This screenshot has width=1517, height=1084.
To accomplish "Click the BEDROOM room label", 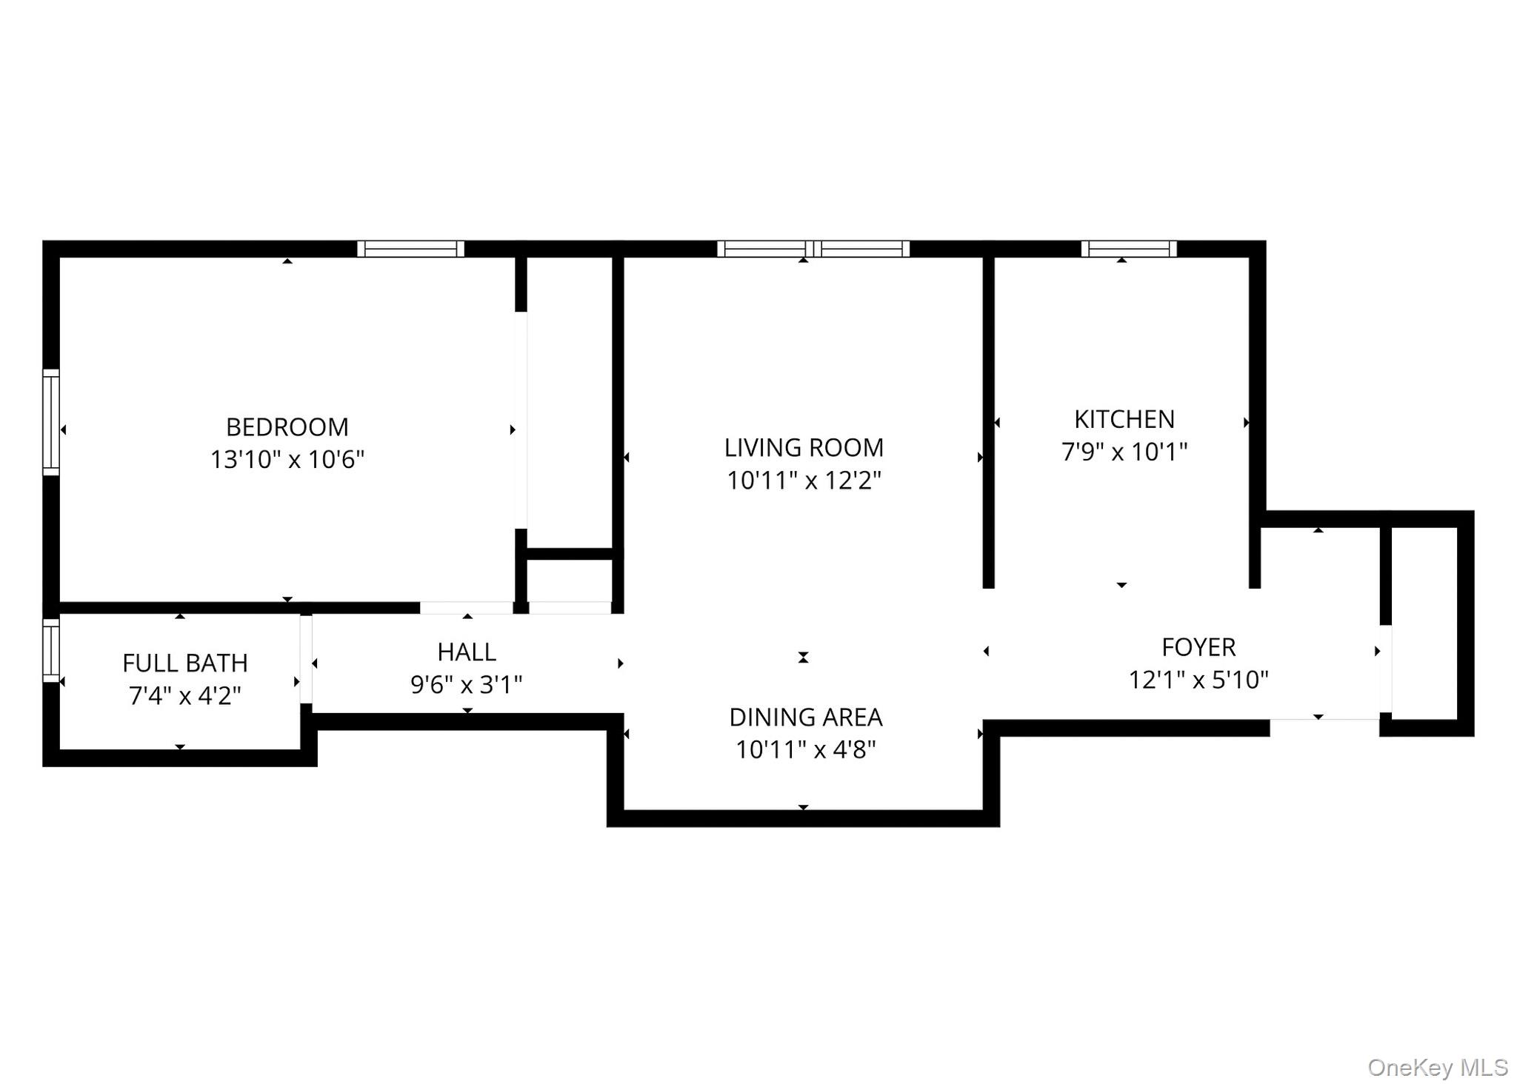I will pos(287,427).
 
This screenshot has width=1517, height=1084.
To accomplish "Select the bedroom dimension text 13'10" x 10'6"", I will pos(287,460).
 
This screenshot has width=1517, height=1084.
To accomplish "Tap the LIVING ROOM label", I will pos(804,448).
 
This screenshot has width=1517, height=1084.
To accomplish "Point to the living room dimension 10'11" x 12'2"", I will pos(804,481).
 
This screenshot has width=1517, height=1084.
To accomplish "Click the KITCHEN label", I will pos(1124,420).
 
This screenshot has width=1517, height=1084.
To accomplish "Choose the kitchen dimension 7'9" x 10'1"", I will pos(1124,452).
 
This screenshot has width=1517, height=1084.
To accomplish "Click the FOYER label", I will pos(1198,648).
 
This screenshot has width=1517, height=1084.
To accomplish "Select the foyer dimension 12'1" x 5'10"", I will pos(1198,680).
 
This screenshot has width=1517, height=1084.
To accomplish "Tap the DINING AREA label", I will pos(805,717).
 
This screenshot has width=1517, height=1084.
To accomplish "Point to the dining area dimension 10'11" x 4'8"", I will pos(805,750).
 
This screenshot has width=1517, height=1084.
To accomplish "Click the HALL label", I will pos(466,652).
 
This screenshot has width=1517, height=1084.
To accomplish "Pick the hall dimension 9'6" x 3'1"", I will pos(466,685).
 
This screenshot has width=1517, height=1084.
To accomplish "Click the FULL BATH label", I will pos(184,663).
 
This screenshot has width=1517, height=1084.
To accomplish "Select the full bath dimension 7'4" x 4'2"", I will pos(184,696).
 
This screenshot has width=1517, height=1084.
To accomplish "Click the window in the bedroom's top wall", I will pos(410,249).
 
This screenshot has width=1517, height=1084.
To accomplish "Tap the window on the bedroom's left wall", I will pos(50,422).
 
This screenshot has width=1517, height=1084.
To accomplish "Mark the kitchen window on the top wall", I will pos(1128,249).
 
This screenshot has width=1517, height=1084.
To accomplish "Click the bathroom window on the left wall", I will pos(50,649).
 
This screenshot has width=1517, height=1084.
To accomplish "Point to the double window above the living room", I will pos(813,249).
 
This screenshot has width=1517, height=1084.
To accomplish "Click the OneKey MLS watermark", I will pos(1437,1067).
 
